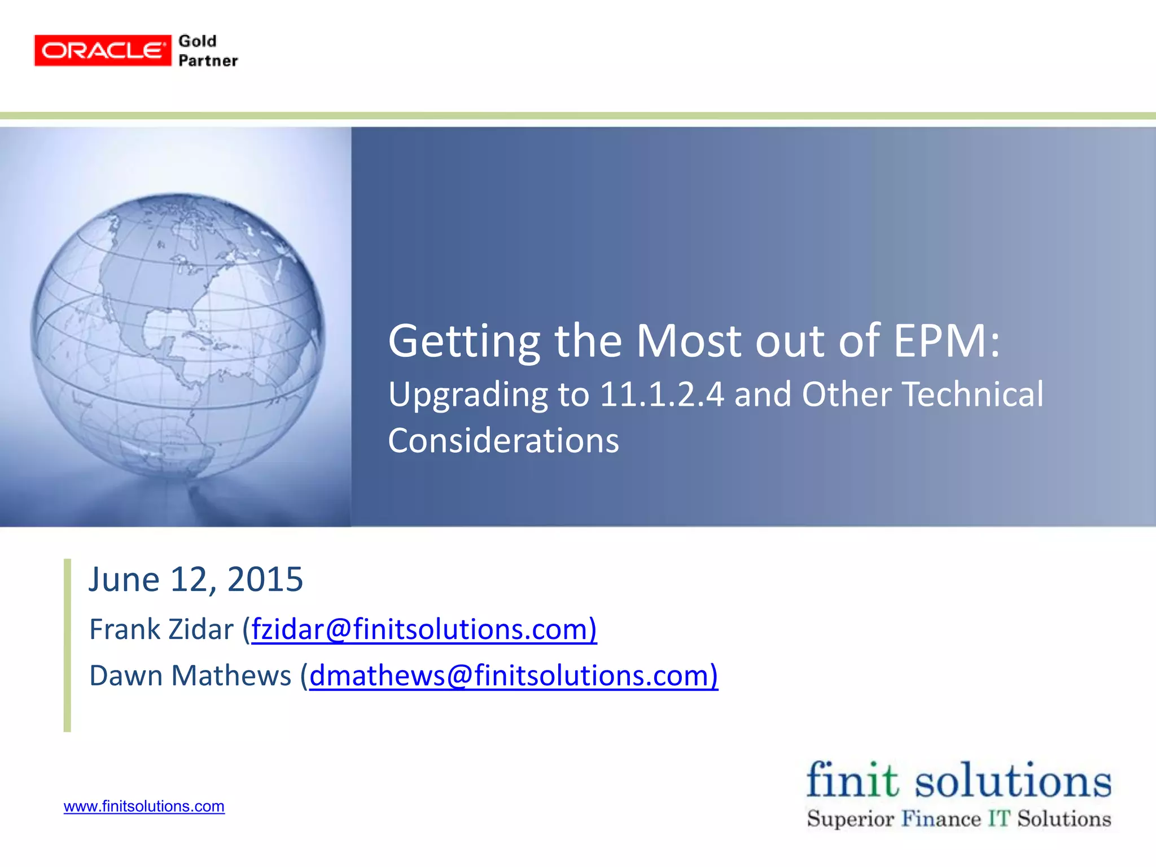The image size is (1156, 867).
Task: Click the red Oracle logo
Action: pos(102,51)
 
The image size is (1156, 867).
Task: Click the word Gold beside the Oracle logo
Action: pos(198,41)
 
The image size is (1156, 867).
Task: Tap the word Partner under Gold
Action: pos(208,61)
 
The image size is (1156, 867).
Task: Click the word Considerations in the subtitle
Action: pos(503,441)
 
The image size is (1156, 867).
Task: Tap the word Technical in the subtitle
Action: pos(973,394)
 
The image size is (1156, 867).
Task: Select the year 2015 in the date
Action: pos(265,579)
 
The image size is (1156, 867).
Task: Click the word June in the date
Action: pos(124,579)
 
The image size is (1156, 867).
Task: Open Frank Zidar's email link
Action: pos(423,629)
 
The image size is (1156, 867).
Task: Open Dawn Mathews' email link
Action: pos(513,675)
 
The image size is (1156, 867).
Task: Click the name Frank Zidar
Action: pos(161,629)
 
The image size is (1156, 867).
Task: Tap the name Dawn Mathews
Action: pos(190,675)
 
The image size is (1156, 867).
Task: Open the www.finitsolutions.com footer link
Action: pos(144,806)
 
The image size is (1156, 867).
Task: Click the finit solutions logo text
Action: pos(958,781)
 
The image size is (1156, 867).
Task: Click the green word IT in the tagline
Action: pos(999,818)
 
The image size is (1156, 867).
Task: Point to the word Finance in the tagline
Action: pos(941,818)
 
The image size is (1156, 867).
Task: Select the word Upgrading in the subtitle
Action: pos(468,395)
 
